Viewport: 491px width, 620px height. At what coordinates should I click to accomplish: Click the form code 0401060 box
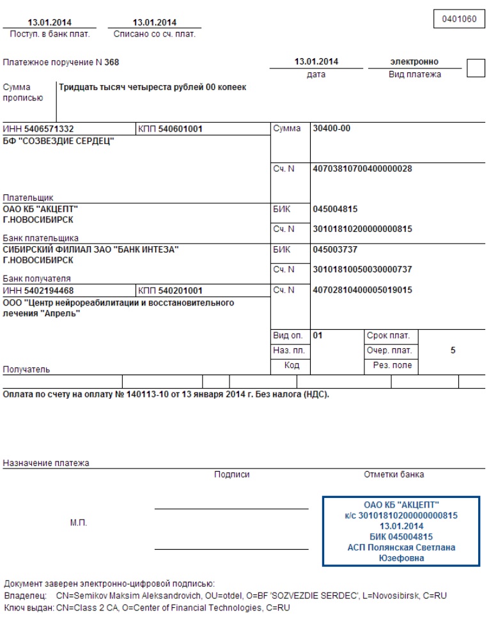[460, 19]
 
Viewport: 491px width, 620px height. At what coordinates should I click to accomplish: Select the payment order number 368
[112, 63]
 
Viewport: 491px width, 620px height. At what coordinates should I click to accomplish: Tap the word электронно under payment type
[414, 62]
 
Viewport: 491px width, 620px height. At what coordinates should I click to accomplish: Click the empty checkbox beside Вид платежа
[476, 67]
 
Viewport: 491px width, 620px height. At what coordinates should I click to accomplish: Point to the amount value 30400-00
[331, 128]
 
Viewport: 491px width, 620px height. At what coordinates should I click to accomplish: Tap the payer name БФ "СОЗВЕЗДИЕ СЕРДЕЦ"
[58, 141]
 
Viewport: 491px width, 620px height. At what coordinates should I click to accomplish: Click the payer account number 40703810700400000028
[362, 169]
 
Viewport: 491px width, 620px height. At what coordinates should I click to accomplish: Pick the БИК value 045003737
[335, 250]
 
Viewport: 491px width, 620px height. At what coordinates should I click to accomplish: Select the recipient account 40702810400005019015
[362, 290]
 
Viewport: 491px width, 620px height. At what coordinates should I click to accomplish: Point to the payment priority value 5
[453, 351]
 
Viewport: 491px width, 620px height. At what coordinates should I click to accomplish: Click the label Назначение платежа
[46, 462]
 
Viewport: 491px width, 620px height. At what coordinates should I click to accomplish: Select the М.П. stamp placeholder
[78, 523]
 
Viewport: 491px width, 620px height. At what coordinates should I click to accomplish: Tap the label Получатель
[26, 369]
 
